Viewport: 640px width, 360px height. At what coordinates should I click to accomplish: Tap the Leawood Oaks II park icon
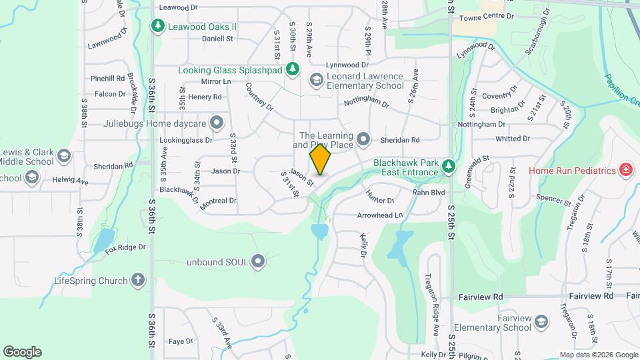point(157,27)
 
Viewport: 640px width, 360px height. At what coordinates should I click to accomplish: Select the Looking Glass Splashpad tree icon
point(291,69)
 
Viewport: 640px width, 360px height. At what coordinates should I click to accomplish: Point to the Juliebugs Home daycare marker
point(216,123)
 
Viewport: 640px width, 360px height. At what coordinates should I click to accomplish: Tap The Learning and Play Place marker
point(363,139)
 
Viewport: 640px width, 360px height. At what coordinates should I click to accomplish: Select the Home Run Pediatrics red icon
point(625,170)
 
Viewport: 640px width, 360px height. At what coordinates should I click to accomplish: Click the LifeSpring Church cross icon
point(138,280)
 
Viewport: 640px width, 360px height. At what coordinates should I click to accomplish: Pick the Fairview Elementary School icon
point(541,322)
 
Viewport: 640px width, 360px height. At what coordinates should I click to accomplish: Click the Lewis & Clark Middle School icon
point(63,156)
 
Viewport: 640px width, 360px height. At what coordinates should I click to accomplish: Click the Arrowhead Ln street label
point(380,215)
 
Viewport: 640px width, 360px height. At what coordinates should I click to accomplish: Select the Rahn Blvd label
point(428,193)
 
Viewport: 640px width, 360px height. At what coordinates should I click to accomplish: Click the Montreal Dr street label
point(218,201)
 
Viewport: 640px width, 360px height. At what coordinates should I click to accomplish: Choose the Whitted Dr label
point(512,139)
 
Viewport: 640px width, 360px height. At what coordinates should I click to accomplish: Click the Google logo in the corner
point(22,352)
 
